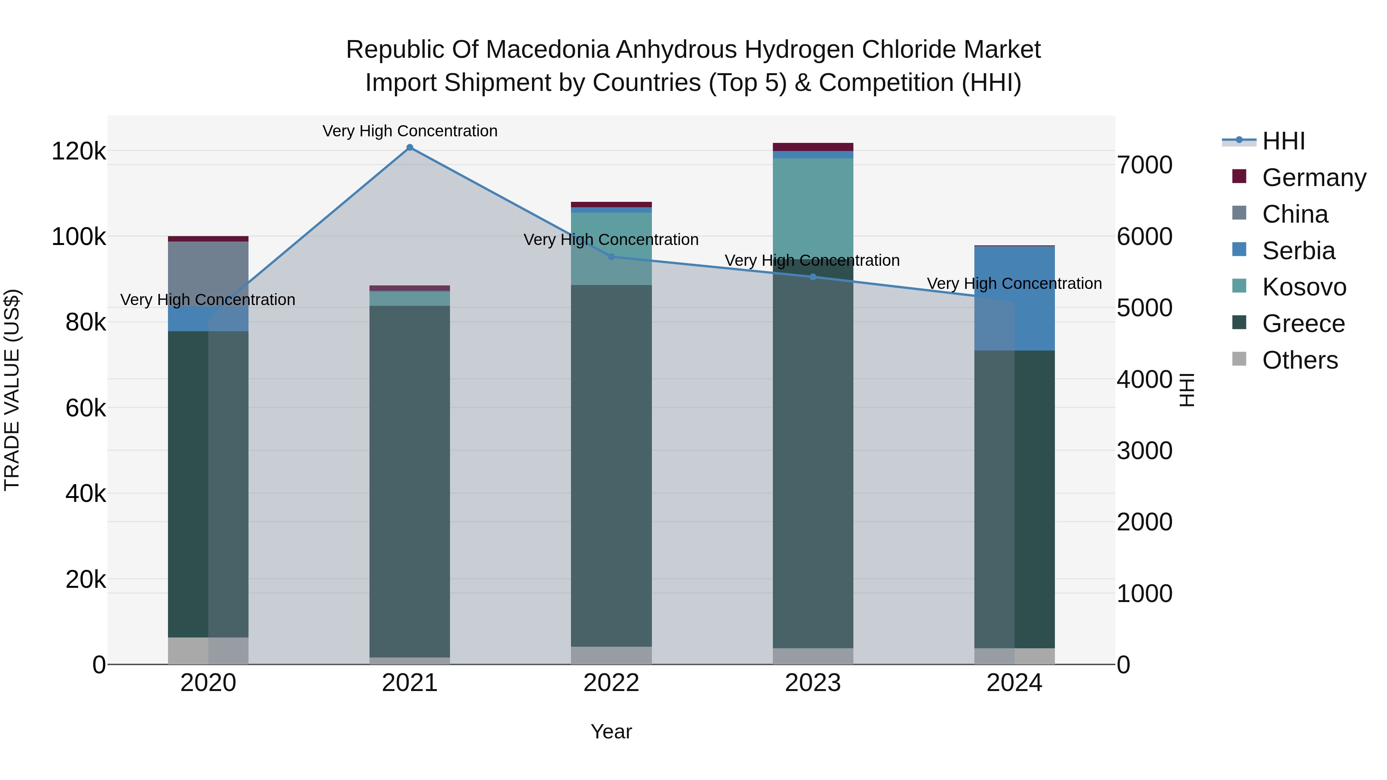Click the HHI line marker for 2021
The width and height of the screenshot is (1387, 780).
(x=410, y=148)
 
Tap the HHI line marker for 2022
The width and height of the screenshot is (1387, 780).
(x=611, y=257)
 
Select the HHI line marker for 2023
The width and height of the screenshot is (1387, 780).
(x=813, y=277)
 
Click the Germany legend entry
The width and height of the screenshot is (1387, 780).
(x=1314, y=178)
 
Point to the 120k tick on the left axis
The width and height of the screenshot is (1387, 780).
(x=79, y=151)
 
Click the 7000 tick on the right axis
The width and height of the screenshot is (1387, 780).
(x=1144, y=165)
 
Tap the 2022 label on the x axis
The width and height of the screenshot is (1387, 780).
(x=611, y=683)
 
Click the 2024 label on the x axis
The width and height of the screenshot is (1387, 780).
(x=1014, y=683)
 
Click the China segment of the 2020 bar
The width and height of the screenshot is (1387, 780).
(x=208, y=273)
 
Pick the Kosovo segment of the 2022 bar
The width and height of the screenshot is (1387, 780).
(x=611, y=249)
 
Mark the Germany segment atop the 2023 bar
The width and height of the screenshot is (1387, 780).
(x=813, y=147)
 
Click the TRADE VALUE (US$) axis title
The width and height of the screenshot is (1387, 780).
(x=12, y=390)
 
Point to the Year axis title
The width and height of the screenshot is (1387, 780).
(x=611, y=731)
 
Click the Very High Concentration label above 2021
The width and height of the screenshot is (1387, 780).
(x=410, y=131)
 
